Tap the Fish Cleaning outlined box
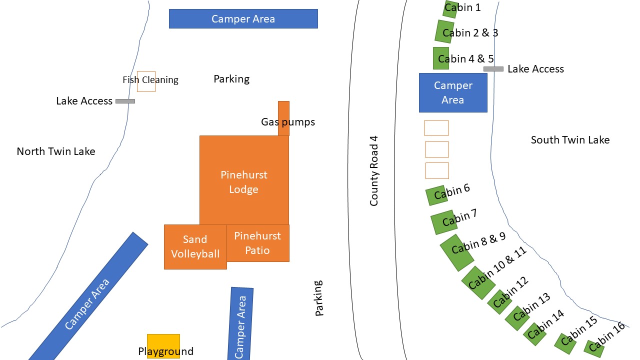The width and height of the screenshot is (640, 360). pos(146,81)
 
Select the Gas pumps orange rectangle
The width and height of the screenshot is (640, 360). pos(283,118)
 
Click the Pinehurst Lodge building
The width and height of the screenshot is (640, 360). pos(244,180)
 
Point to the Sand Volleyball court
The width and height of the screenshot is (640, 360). pos(195,246)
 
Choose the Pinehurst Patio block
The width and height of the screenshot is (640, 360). pos(258,243)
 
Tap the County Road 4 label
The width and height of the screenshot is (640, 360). pos(374,170)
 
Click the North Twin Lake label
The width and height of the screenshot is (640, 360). pos(56,151)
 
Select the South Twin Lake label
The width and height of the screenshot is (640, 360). pos(570,140)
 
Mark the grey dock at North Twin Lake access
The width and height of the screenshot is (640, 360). pos(125,101)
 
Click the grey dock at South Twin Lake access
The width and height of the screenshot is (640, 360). pos(493,69)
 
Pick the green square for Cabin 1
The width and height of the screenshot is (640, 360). pos(450,9)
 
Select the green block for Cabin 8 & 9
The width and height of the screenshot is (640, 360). pos(456,252)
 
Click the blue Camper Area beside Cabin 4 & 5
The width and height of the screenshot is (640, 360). pos(453,92)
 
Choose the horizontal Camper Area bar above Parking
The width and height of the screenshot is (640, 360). pos(243,18)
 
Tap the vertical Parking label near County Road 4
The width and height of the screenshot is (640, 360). pos(318,298)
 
